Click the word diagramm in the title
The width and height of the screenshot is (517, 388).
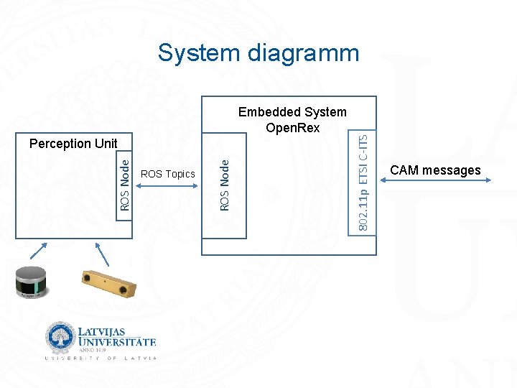[300, 53]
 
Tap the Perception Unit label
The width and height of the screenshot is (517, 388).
[73, 144]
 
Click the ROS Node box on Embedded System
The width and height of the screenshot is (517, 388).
[225, 185]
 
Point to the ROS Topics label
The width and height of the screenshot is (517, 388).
[168, 174]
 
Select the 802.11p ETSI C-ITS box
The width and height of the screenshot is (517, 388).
[365, 183]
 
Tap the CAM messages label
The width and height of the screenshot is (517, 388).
[435, 170]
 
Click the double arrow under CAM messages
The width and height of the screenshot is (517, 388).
[435, 180]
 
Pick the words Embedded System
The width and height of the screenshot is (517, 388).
[292, 112]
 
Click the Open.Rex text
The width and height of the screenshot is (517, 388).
[292, 128]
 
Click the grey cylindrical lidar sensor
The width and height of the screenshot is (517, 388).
[31, 280]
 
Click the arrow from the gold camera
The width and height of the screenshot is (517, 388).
[103, 254]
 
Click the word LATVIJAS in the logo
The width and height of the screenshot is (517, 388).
[101, 333]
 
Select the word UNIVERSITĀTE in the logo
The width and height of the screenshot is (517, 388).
[116, 343]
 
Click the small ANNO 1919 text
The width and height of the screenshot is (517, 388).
[89, 351]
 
